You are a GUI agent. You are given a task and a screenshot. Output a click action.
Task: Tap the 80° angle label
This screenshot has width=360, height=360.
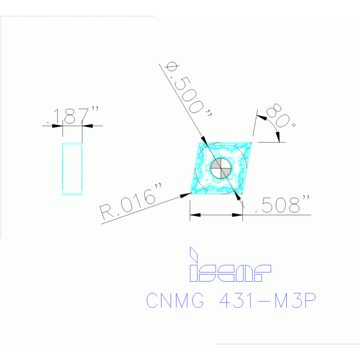(x=281, y=117)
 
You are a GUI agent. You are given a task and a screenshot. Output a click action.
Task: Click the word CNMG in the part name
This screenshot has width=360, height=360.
(x=175, y=300)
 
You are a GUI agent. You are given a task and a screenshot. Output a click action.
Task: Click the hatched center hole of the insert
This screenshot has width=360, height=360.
(x=221, y=168)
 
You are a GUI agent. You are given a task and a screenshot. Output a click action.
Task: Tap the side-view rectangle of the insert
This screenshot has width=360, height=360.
(x=72, y=169)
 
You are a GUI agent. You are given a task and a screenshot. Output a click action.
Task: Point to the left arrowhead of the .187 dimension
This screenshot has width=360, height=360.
(x=57, y=126)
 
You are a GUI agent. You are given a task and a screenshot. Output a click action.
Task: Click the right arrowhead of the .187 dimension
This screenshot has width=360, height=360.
(x=87, y=126)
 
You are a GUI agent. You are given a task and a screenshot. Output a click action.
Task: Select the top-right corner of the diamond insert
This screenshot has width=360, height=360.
(x=252, y=143)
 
